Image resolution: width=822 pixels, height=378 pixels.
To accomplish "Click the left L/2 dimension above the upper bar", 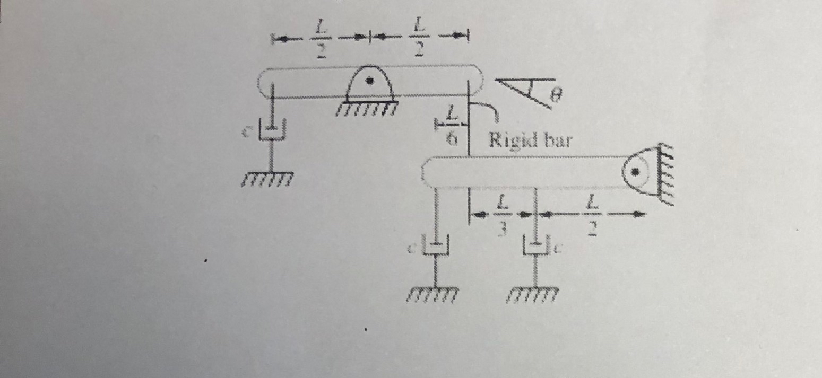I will tap(320, 39).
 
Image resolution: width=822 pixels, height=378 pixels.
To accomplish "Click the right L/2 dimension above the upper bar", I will tap(419, 38).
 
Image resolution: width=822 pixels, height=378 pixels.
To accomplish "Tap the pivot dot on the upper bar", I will tap(370, 81).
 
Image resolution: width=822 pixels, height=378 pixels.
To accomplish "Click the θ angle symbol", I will tap(555, 95).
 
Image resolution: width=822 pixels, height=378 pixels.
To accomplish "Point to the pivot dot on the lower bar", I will tap(634, 172).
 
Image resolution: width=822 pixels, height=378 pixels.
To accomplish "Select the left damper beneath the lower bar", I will tap(436, 247).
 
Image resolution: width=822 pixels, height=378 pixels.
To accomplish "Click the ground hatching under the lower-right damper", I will tap(535, 294).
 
